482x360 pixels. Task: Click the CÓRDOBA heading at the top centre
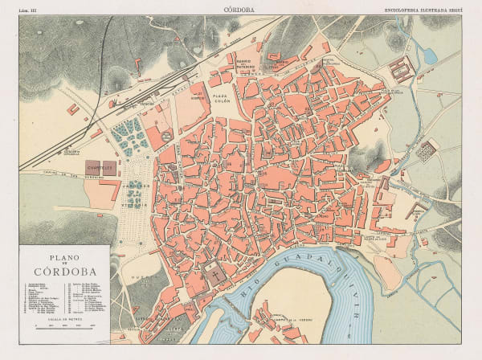pos(240,10)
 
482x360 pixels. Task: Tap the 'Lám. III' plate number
pos(30,10)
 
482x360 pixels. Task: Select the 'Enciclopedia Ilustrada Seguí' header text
pos(423,10)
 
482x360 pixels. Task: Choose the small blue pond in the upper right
pos(431,55)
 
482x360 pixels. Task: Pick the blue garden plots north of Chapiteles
pos(129,137)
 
